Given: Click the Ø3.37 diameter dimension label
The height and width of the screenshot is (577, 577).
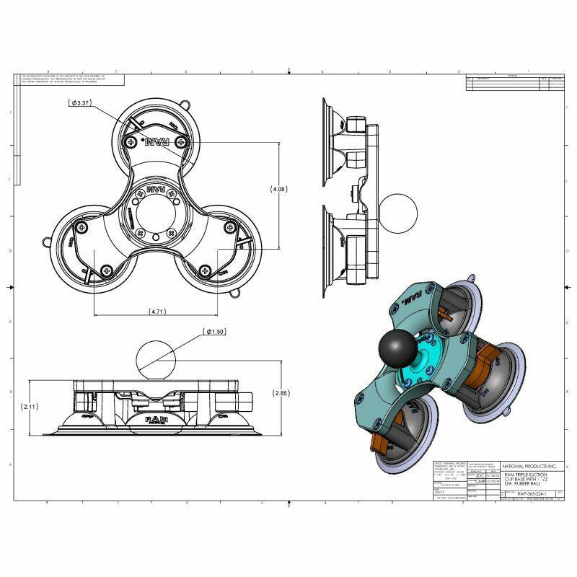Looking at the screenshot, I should point(80,103).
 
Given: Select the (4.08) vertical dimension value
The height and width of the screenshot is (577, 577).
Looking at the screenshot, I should point(279,189).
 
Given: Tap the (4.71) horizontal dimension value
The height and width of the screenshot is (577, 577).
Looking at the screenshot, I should point(159,312).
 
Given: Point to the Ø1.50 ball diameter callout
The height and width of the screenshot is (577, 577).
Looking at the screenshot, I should point(216,332).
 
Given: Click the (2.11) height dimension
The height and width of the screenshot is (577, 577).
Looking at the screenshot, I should point(31,407).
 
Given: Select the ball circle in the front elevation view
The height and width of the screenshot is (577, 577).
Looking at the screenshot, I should point(155,359).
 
